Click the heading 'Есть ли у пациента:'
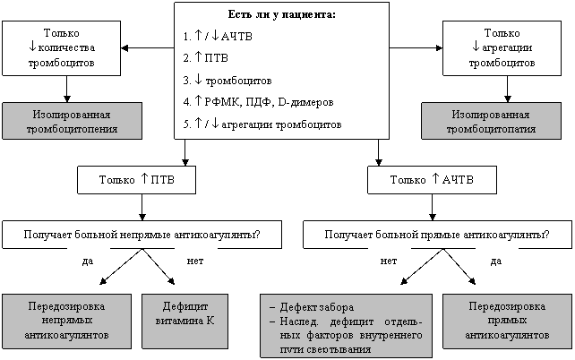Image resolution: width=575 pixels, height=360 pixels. [x=281, y=14]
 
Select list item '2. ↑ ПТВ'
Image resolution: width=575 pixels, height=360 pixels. [x=206, y=57]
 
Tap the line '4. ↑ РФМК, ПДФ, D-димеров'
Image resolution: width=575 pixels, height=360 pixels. [x=258, y=101]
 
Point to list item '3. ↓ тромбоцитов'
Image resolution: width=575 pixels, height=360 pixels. [x=227, y=80]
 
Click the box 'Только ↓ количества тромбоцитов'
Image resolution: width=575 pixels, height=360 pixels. [x=62, y=48]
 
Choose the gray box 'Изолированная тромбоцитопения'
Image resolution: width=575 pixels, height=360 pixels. [x=72, y=121]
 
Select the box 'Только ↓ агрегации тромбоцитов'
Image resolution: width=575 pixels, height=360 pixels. [x=502, y=48]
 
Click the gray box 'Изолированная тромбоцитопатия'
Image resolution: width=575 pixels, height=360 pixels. [x=491, y=121]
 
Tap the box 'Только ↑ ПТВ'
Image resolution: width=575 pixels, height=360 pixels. [x=136, y=180]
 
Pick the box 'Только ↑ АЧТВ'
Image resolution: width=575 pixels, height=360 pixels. [x=432, y=180]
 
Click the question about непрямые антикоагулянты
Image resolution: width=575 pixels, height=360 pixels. [x=142, y=235]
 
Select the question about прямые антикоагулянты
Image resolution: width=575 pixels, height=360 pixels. [x=437, y=235]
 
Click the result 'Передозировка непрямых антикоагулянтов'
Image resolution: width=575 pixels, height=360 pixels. [x=67, y=321]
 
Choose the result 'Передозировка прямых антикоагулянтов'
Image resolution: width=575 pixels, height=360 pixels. [x=507, y=321]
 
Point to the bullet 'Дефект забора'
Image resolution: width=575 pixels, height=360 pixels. [x=312, y=307]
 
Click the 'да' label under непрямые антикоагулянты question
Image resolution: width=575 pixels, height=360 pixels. [x=88, y=261]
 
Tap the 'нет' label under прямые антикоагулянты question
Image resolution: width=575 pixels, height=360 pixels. [x=389, y=261]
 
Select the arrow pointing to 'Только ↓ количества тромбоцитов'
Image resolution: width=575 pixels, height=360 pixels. [x=148, y=47]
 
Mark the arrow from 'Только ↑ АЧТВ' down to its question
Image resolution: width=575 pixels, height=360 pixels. [x=432, y=207]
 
